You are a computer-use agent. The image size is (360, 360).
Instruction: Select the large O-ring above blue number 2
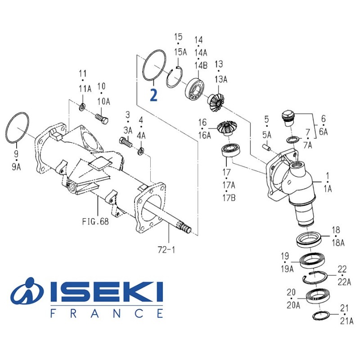[x=153, y=66]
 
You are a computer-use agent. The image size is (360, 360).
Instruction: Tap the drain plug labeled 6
[x=287, y=116]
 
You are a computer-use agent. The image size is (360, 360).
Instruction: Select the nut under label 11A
[x=82, y=108]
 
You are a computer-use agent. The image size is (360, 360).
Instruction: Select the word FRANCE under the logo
[x=107, y=313]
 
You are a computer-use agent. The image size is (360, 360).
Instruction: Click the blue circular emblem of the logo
[x=27, y=293]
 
